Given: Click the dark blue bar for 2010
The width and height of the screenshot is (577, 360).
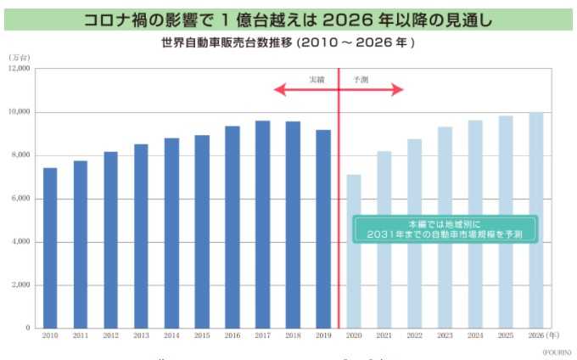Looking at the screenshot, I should tap(50, 248).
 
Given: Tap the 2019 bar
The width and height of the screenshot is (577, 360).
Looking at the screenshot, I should tap(322, 228).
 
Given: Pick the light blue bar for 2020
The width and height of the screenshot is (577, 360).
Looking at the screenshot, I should tap(353, 251).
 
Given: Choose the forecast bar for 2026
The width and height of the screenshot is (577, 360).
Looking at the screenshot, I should tap(535, 220).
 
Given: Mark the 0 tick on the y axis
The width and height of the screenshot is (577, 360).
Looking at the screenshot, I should tap(27, 328).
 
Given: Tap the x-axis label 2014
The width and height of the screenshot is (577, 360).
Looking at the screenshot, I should tap(171, 336).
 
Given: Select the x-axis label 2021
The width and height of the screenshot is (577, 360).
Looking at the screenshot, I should tap(384, 336).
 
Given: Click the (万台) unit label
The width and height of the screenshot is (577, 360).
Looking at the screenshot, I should tap(20, 57).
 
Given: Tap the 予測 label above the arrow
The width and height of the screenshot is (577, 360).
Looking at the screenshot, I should tap(361, 79).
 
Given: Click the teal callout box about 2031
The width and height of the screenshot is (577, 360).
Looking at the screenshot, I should tap(445, 228).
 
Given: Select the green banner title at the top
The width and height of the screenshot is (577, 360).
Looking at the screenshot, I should tap(288, 20).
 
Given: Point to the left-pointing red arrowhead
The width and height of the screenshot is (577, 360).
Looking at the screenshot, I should tap(279, 88).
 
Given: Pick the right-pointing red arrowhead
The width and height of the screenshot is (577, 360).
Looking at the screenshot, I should tap(399, 88).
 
